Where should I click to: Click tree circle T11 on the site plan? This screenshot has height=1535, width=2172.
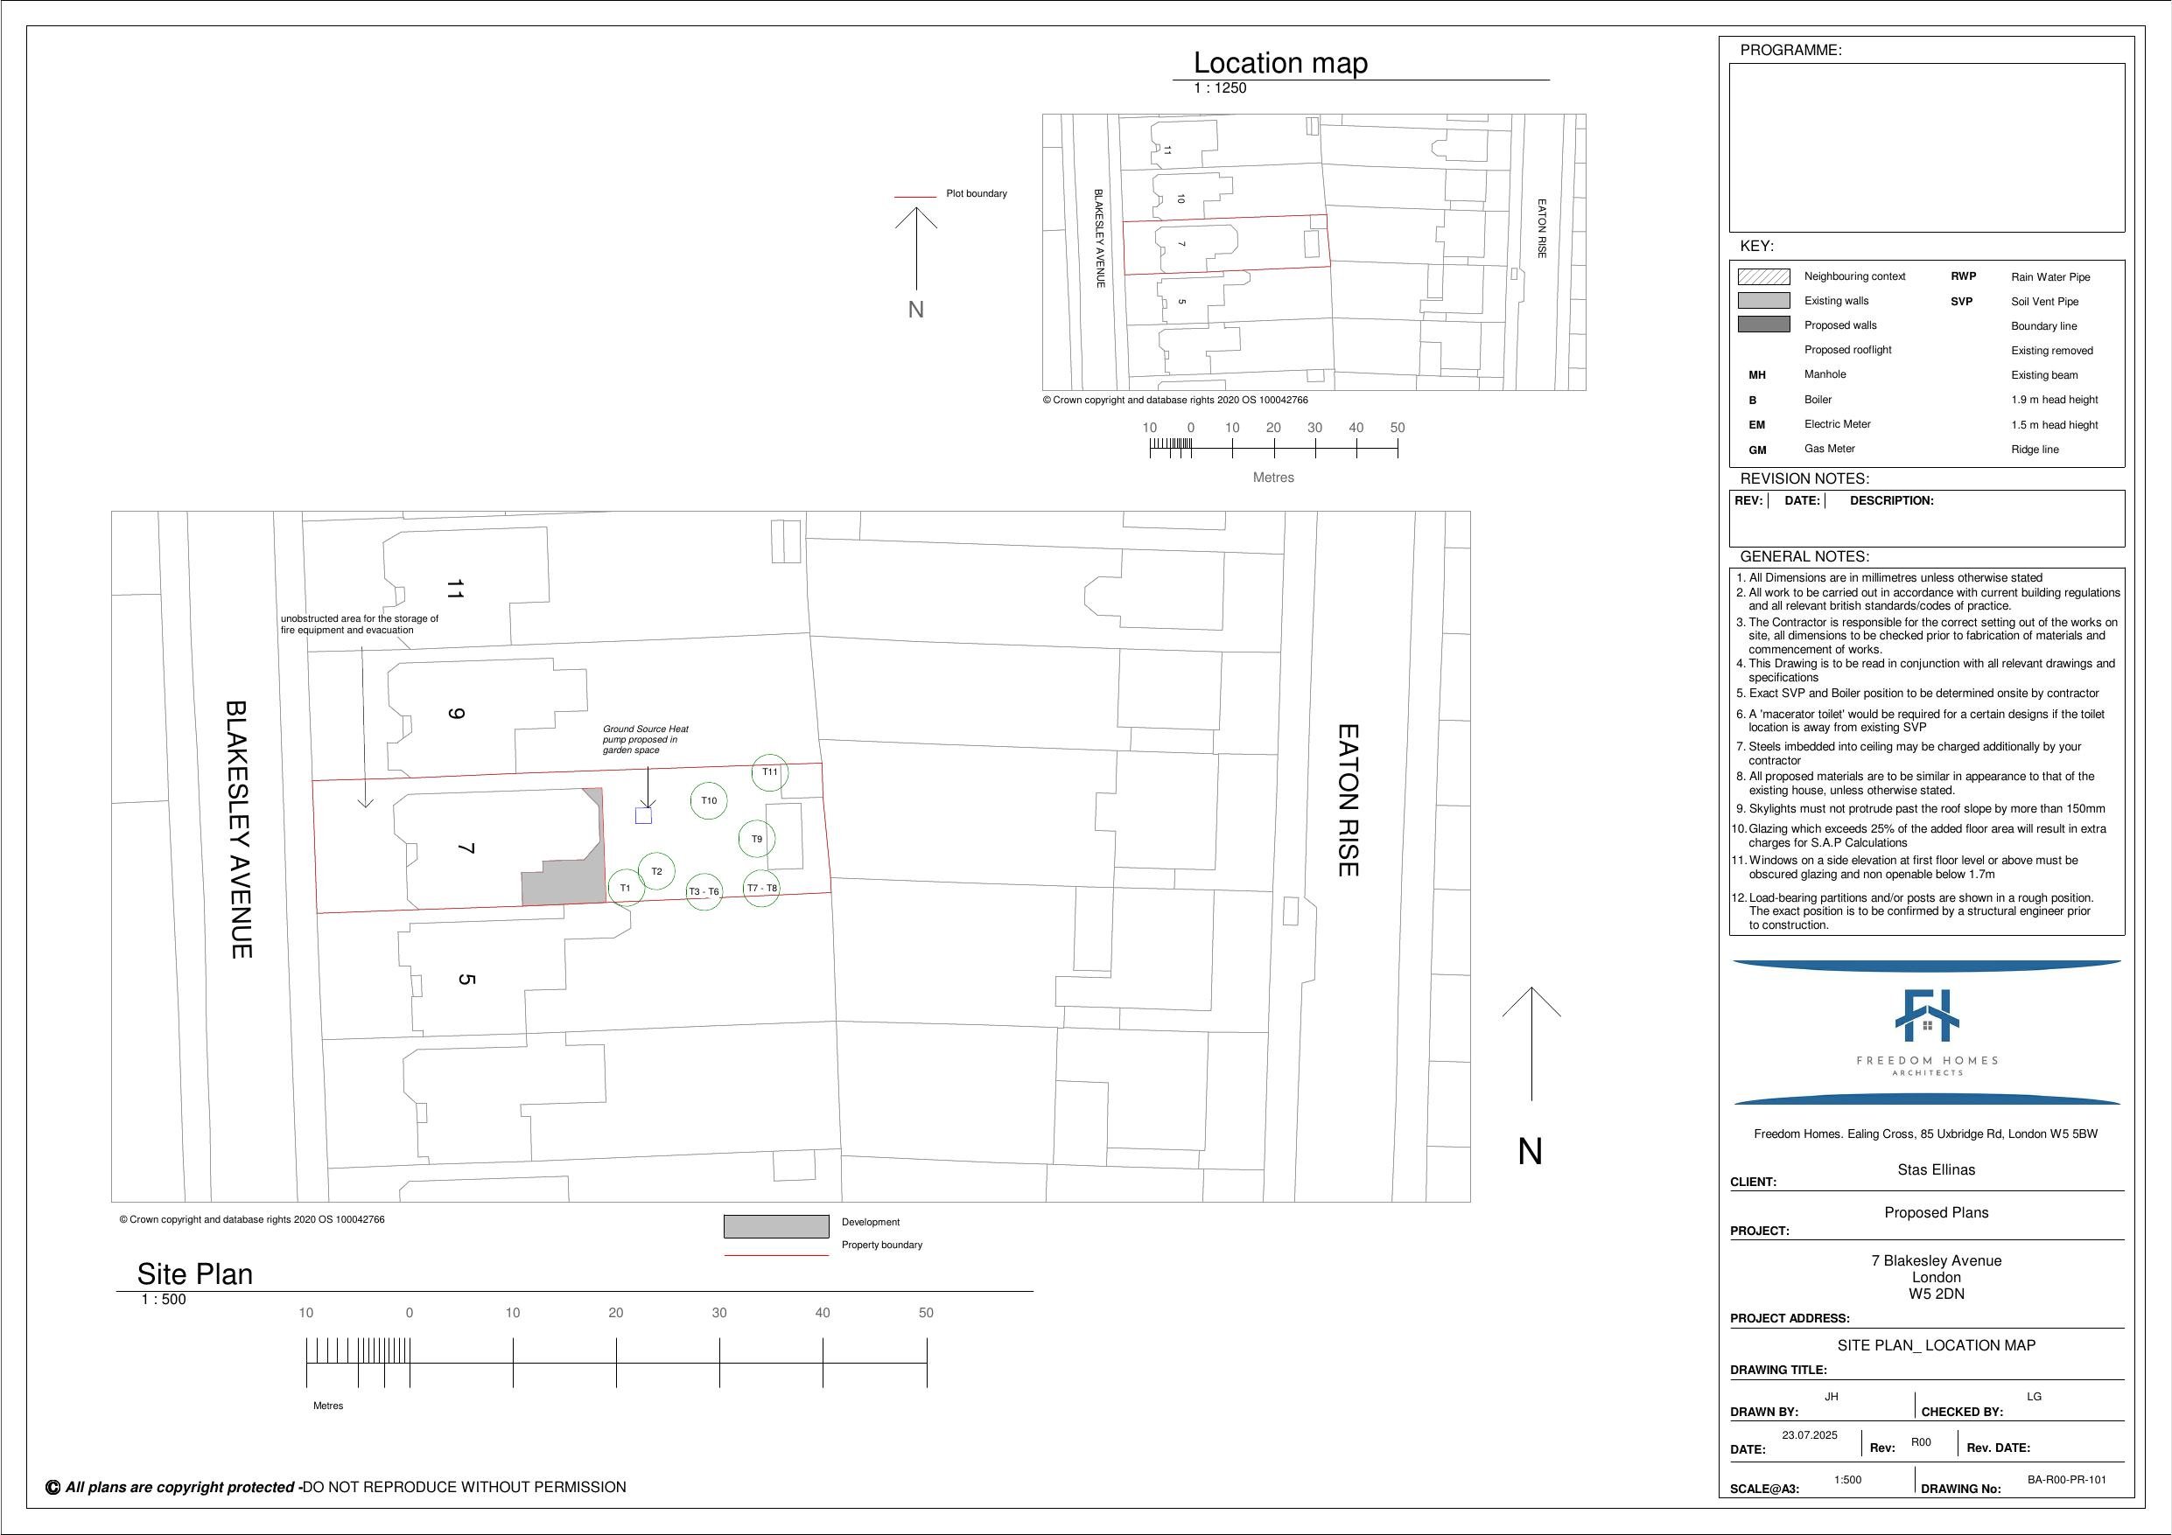[770, 772]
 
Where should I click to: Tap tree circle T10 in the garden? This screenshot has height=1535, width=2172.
[709, 801]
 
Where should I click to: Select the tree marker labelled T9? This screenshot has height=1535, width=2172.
[757, 839]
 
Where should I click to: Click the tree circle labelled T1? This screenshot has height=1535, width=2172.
[626, 888]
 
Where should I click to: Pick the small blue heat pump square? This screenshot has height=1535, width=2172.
[643, 815]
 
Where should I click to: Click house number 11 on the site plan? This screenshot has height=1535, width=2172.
[455, 590]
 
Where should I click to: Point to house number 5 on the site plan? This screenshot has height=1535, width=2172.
[466, 979]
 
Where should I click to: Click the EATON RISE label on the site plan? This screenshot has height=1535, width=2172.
[1347, 800]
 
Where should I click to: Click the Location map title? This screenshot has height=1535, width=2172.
[1280, 63]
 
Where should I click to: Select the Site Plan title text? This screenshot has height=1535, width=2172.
[195, 1274]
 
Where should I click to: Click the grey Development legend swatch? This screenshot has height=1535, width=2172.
[775, 1226]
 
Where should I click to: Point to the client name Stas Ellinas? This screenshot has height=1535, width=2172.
[1936, 1170]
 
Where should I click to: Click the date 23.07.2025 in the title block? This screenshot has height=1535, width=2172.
[1809, 1434]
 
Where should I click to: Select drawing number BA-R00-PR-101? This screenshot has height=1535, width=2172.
[2066, 1480]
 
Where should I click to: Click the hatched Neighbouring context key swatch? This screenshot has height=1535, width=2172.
[1763, 276]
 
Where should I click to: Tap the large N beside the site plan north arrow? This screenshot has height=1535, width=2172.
[1530, 1151]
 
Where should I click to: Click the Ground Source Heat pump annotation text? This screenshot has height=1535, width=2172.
[645, 740]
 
